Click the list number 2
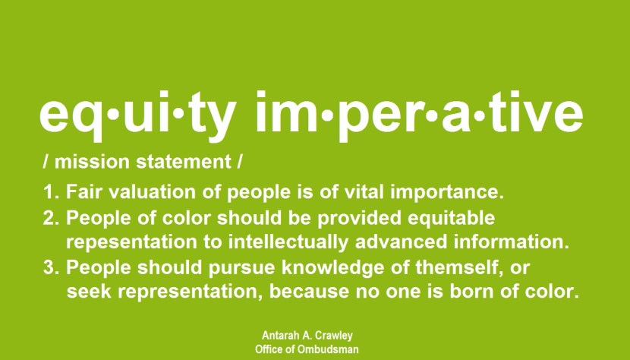(49, 218)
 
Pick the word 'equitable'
(451, 218)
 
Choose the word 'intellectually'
(288, 242)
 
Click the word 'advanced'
(401, 242)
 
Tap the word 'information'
(509, 242)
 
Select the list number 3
(49, 267)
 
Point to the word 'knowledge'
(333, 268)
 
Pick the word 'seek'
(89, 292)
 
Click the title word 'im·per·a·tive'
(419, 115)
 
